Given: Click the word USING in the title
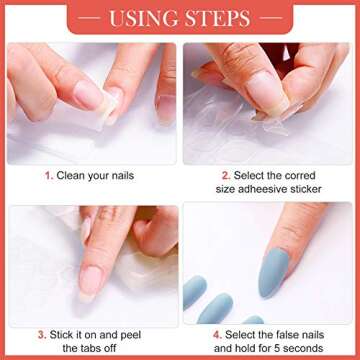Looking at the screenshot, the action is [x=145, y=19].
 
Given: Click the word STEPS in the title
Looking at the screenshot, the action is [x=218, y=19].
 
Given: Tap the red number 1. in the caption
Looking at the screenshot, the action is [x=49, y=176].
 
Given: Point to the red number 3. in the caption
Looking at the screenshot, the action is [x=42, y=335].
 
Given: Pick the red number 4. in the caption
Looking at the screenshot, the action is [x=218, y=335].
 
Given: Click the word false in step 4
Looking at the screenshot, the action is [x=279, y=335].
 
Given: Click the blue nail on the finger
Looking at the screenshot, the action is [x=273, y=272].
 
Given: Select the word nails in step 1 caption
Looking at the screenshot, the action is [x=122, y=175].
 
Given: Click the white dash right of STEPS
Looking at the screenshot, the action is [x=270, y=18].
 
